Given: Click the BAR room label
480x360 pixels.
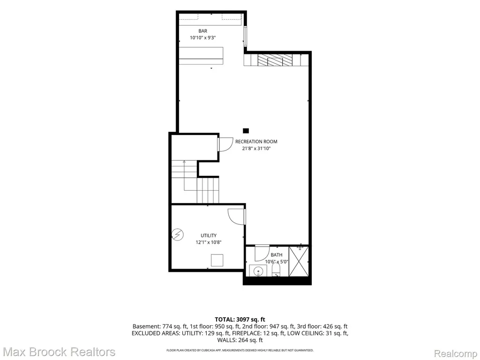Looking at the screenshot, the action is pyautogui.click(x=202, y=31).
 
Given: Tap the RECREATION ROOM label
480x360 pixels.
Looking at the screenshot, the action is pyautogui.click(x=256, y=142).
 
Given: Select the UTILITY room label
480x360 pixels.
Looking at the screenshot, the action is pyautogui.click(x=209, y=235).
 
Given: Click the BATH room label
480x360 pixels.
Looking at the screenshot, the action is pyautogui.click(x=277, y=255).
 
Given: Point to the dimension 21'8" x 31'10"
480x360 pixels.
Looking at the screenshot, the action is pyautogui.click(x=256, y=149).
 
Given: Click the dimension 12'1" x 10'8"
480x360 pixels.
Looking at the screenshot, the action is pyautogui.click(x=209, y=242).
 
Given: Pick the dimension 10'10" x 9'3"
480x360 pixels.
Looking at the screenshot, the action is pyautogui.click(x=202, y=38).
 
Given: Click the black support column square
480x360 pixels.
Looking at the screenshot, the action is pyautogui.click(x=246, y=131).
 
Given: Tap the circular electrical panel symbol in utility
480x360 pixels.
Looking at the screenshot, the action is pyautogui.click(x=178, y=234).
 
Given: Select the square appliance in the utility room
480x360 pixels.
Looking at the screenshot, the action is pyautogui.click(x=217, y=260).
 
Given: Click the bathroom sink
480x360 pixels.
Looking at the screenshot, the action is pyautogui.click(x=258, y=270).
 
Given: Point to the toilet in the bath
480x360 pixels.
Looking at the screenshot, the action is pyautogui.click(x=276, y=270).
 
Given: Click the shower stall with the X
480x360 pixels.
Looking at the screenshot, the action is pyautogui.click(x=299, y=261).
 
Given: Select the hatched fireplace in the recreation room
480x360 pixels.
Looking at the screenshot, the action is pyautogui.click(x=275, y=60).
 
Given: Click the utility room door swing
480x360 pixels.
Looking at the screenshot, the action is pyautogui.click(x=237, y=217).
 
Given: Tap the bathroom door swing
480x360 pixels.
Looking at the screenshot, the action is pyautogui.click(x=262, y=253).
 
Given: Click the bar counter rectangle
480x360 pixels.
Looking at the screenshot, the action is pyautogui.click(x=201, y=55).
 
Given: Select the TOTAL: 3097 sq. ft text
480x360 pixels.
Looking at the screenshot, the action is pyautogui.click(x=240, y=320).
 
